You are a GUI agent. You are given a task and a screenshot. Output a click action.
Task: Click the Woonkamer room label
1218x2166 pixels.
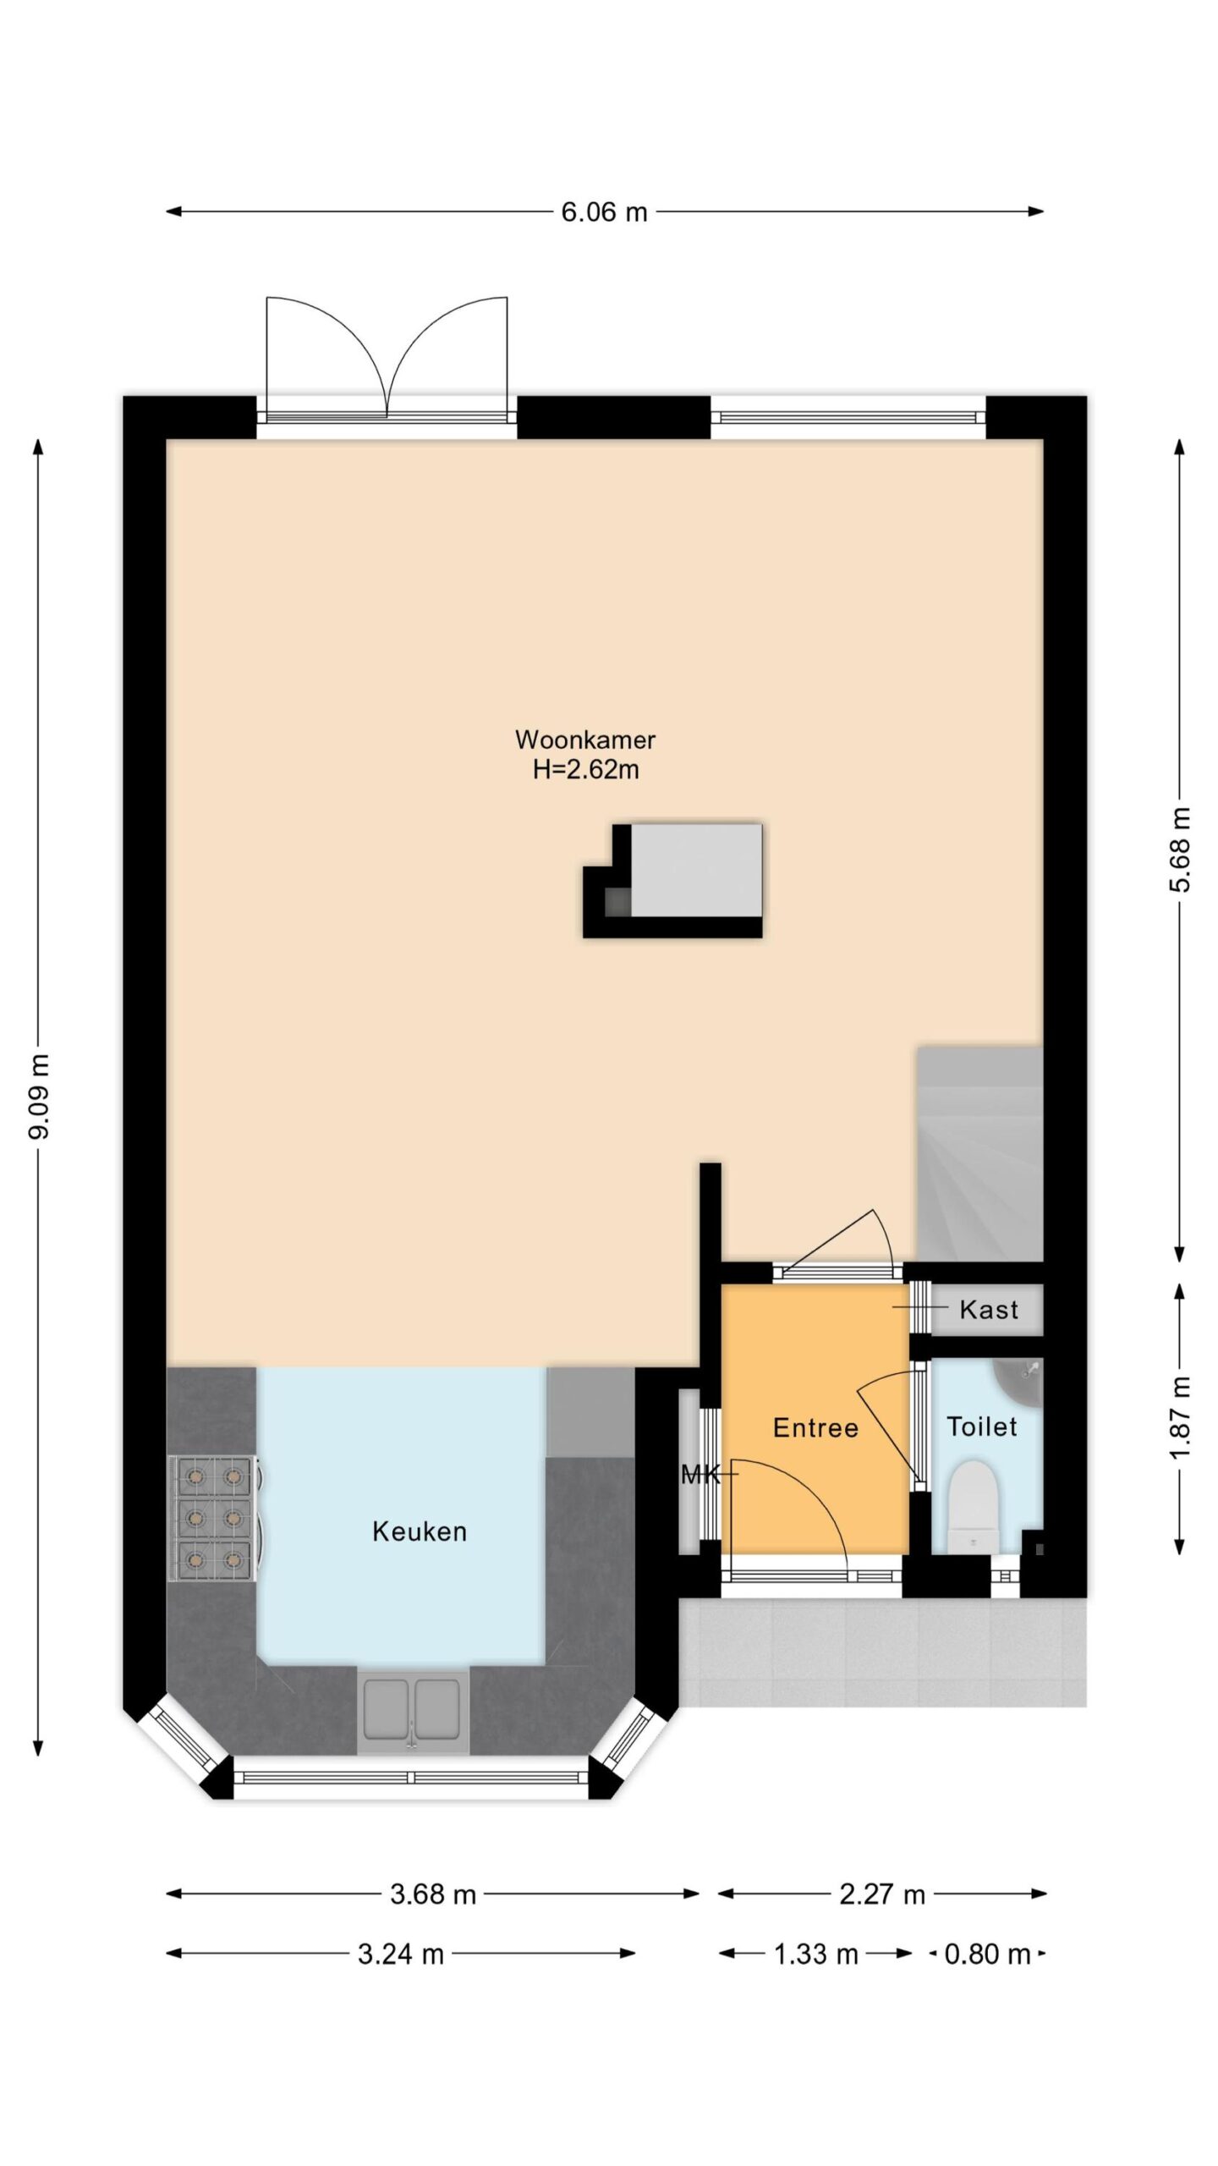pyautogui.click(x=585, y=739)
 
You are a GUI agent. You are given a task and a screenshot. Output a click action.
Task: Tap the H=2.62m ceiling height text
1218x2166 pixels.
pyautogui.click(x=585, y=770)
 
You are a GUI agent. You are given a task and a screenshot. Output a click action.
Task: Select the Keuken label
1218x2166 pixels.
pyautogui.click(x=420, y=1531)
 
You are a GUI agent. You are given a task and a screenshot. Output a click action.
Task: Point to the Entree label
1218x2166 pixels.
pyautogui.click(x=815, y=1428)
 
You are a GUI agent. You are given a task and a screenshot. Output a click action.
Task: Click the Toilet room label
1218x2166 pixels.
pyautogui.click(x=981, y=1427)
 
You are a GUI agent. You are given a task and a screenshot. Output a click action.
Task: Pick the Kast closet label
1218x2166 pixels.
pyautogui.click(x=989, y=1311)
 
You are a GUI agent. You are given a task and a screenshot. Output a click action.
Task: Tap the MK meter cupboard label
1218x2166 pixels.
pyautogui.click(x=700, y=1476)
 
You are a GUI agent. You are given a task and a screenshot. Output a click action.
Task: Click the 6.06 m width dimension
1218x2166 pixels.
pyautogui.click(x=604, y=212)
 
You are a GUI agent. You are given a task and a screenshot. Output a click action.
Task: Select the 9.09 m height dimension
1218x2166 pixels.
pyautogui.click(x=39, y=1097)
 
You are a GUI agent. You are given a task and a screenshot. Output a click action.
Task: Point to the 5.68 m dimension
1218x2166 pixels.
pyautogui.click(x=1181, y=849)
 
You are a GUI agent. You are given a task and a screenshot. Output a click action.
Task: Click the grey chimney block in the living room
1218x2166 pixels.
pyautogui.click(x=695, y=871)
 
